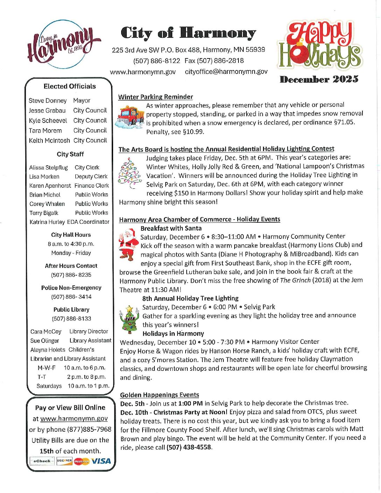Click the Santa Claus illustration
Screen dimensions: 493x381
click(128, 244)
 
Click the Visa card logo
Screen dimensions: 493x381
click(101, 461)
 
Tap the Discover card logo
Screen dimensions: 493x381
click(64, 461)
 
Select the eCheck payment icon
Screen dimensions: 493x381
click(42, 461)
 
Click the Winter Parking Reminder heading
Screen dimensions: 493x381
click(155, 97)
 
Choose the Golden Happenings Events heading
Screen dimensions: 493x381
click(159, 395)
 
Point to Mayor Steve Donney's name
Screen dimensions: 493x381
click(48, 101)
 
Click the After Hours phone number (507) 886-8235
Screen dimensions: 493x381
click(71, 275)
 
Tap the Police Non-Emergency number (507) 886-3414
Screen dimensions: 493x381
click(71, 297)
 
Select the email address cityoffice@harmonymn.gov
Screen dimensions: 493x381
click(226, 72)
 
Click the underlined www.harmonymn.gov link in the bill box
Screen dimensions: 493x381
click(74, 419)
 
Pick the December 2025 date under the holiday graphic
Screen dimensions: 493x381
click(319, 79)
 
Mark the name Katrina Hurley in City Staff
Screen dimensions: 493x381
click(47, 222)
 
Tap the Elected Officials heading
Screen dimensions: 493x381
click(70, 86)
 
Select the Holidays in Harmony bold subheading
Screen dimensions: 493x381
click(173, 334)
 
